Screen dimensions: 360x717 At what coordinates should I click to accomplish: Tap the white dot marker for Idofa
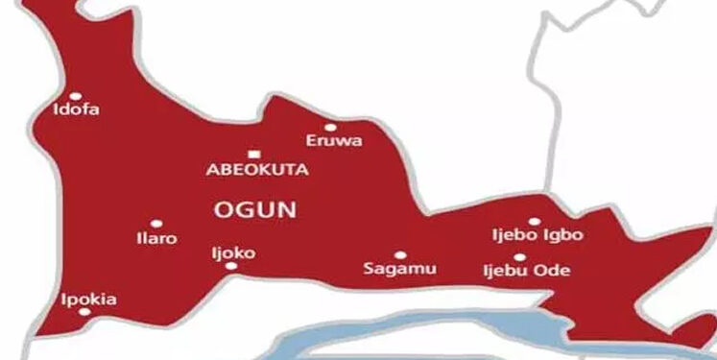pyautogui.click(x=76, y=95)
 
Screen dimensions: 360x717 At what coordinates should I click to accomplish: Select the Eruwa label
pyautogui.click(x=333, y=141)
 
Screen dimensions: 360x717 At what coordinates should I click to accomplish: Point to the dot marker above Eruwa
pyautogui.click(x=330, y=127)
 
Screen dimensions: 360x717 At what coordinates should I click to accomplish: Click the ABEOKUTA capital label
pyautogui.click(x=257, y=169)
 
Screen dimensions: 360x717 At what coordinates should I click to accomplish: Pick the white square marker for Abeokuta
pyautogui.click(x=253, y=154)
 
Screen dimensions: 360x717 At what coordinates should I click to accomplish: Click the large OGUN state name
pyautogui.click(x=256, y=208)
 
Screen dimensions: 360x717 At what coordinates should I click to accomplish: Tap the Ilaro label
pyautogui.click(x=158, y=238)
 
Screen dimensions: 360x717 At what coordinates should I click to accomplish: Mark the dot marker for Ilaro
pyautogui.click(x=156, y=224)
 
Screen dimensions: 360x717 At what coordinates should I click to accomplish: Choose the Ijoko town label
pyautogui.click(x=232, y=253)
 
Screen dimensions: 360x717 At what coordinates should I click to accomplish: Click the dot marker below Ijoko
pyautogui.click(x=231, y=266)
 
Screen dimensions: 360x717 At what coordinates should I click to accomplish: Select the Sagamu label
pyautogui.click(x=399, y=270)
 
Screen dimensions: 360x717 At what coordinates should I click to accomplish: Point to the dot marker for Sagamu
pyautogui.click(x=399, y=255)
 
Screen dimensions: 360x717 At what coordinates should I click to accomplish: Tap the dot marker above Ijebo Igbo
pyautogui.click(x=535, y=222)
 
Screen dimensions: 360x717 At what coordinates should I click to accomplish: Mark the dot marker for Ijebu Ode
pyautogui.click(x=519, y=257)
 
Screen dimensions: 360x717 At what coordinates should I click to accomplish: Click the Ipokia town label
pyautogui.click(x=88, y=300)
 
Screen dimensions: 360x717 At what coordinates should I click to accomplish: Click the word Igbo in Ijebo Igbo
pyautogui.click(x=564, y=236)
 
